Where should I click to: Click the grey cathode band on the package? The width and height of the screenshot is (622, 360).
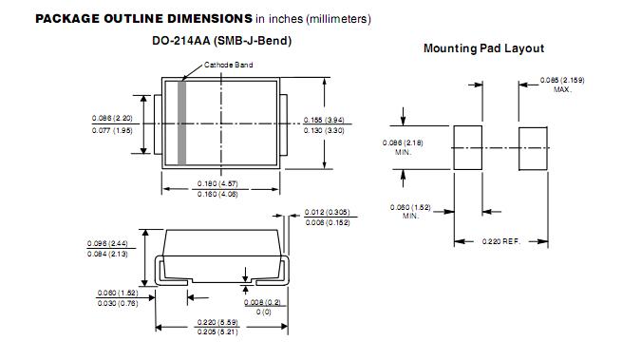181,123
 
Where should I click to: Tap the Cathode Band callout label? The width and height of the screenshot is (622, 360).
228,65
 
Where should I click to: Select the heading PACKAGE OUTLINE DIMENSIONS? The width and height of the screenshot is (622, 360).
143,19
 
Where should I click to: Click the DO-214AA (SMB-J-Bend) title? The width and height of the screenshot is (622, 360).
222,41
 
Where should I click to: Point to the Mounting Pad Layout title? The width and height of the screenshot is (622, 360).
483,48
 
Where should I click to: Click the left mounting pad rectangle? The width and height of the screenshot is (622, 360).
468,147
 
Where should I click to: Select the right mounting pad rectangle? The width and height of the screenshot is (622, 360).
533,148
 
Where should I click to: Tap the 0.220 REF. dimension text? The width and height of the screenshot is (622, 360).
500,241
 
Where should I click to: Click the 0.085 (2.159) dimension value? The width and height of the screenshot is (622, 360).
562,80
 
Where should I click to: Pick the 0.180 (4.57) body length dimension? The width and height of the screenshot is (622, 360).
217,183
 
